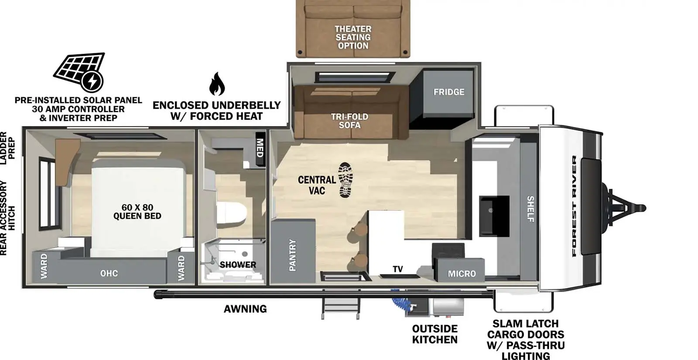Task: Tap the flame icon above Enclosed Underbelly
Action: (217, 84)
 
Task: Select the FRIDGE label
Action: (448, 92)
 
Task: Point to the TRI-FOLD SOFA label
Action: (349, 121)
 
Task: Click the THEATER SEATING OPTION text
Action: (353, 37)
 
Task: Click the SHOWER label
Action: (238, 264)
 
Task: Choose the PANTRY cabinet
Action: (292, 254)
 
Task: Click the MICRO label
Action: (462, 274)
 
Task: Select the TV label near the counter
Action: (397, 269)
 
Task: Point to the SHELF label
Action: (530, 209)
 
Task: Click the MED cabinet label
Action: (260, 148)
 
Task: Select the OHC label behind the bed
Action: (109, 273)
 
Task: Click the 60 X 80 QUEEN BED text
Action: (137, 212)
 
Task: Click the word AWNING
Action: (245, 309)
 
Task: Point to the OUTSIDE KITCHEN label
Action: (435, 334)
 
